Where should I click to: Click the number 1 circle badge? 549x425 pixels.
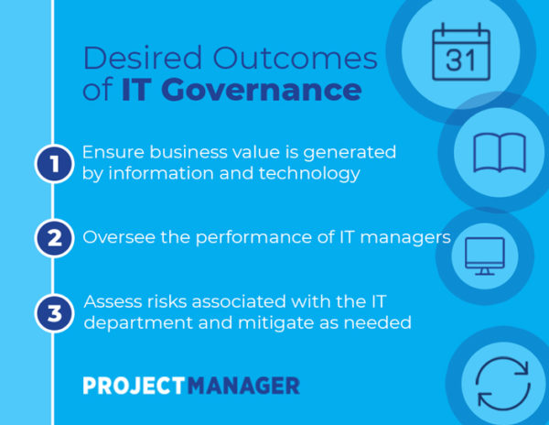(54, 164)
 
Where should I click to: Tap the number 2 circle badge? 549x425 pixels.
(54, 238)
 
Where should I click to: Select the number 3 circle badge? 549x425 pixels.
(54, 313)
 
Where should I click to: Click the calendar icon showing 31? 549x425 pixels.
(461, 52)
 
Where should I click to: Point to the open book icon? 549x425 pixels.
(500, 153)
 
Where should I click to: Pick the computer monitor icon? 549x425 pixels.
(485, 256)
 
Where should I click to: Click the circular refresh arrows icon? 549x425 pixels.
(502, 383)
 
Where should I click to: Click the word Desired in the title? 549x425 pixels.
(143, 58)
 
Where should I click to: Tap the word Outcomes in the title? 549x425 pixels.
(296, 58)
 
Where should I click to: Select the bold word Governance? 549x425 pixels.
(261, 90)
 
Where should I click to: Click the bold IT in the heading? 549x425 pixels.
(135, 90)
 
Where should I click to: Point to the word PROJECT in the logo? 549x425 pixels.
(135, 386)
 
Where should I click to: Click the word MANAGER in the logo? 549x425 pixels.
(243, 386)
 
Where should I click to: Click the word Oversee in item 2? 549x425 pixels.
(119, 237)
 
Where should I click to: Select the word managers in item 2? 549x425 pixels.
(405, 238)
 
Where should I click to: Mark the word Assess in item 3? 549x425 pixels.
(113, 301)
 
